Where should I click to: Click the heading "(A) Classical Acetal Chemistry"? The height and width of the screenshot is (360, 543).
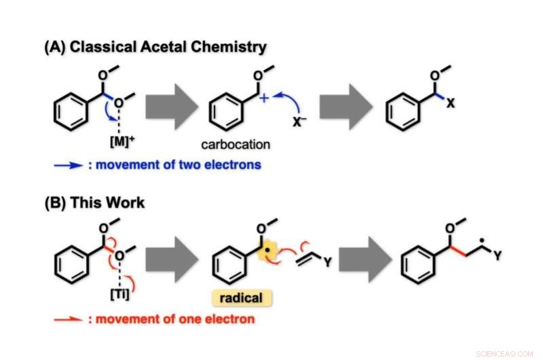tap(155, 47)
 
